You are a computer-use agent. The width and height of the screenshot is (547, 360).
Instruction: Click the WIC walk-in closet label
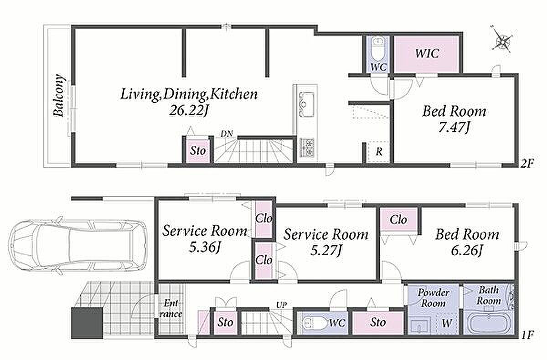coord(427,53)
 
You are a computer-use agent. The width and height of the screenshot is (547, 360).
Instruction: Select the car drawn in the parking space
coord(77,245)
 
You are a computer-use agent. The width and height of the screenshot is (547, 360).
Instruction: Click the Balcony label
coord(59,95)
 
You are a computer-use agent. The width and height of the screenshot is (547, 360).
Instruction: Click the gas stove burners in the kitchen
coord(307,147)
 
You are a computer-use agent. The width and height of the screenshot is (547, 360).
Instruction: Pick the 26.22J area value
coord(189,111)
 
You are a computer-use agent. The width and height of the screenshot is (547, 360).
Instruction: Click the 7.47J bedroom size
coord(454,127)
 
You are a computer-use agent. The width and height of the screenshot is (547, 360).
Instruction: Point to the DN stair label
coord(227,134)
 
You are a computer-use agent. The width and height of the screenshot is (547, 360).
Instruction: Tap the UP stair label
coord(282,305)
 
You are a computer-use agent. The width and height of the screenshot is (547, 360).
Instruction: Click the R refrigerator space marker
coord(379,152)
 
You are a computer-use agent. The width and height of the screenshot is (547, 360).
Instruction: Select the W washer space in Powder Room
coord(447,323)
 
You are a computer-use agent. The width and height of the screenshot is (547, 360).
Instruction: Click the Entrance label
coord(170,309)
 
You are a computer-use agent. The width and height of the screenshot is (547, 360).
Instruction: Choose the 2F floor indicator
coord(527,163)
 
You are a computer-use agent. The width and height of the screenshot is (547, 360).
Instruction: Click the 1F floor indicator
coord(527,335)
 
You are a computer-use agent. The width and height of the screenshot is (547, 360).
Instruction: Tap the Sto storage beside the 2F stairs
coord(198,151)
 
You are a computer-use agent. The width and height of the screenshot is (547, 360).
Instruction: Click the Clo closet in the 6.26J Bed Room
coord(398,220)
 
